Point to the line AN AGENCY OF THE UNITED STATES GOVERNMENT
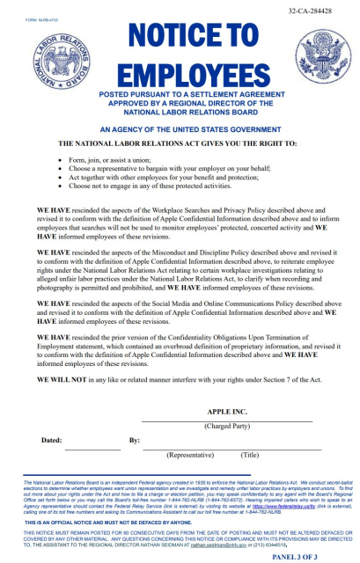point(181,128)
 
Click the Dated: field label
point(52,440)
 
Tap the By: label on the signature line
point(134,440)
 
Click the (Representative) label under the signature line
point(191,455)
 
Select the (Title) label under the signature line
point(250,455)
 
